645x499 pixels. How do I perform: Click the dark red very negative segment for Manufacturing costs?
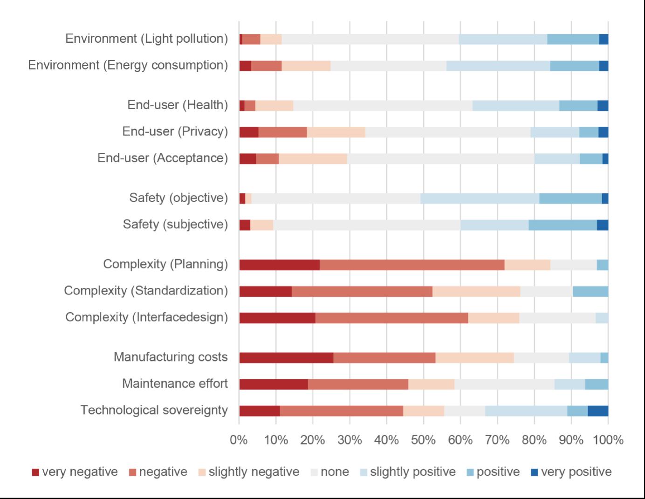pos(286,358)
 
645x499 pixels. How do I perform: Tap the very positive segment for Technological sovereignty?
pos(598,411)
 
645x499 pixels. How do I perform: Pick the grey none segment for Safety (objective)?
pos(336,198)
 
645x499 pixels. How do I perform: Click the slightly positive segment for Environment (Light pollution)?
pos(503,39)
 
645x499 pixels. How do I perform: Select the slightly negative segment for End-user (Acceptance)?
pos(313,159)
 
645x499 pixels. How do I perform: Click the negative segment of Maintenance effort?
pos(358,384)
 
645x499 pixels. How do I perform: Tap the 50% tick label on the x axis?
pos(423,440)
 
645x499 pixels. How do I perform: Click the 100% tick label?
pos(608,440)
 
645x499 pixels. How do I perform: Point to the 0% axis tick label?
pos(239,440)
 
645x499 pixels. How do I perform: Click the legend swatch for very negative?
pos(35,472)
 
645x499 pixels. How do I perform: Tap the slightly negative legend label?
pos(254,472)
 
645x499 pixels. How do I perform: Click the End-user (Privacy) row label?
pos(175,132)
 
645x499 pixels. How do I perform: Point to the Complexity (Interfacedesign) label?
pos(146,317)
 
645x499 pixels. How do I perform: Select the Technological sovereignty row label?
pos(154,410)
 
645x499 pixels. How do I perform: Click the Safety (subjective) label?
pos(175,225)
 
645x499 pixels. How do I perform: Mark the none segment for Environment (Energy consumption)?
pos(388,66)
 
